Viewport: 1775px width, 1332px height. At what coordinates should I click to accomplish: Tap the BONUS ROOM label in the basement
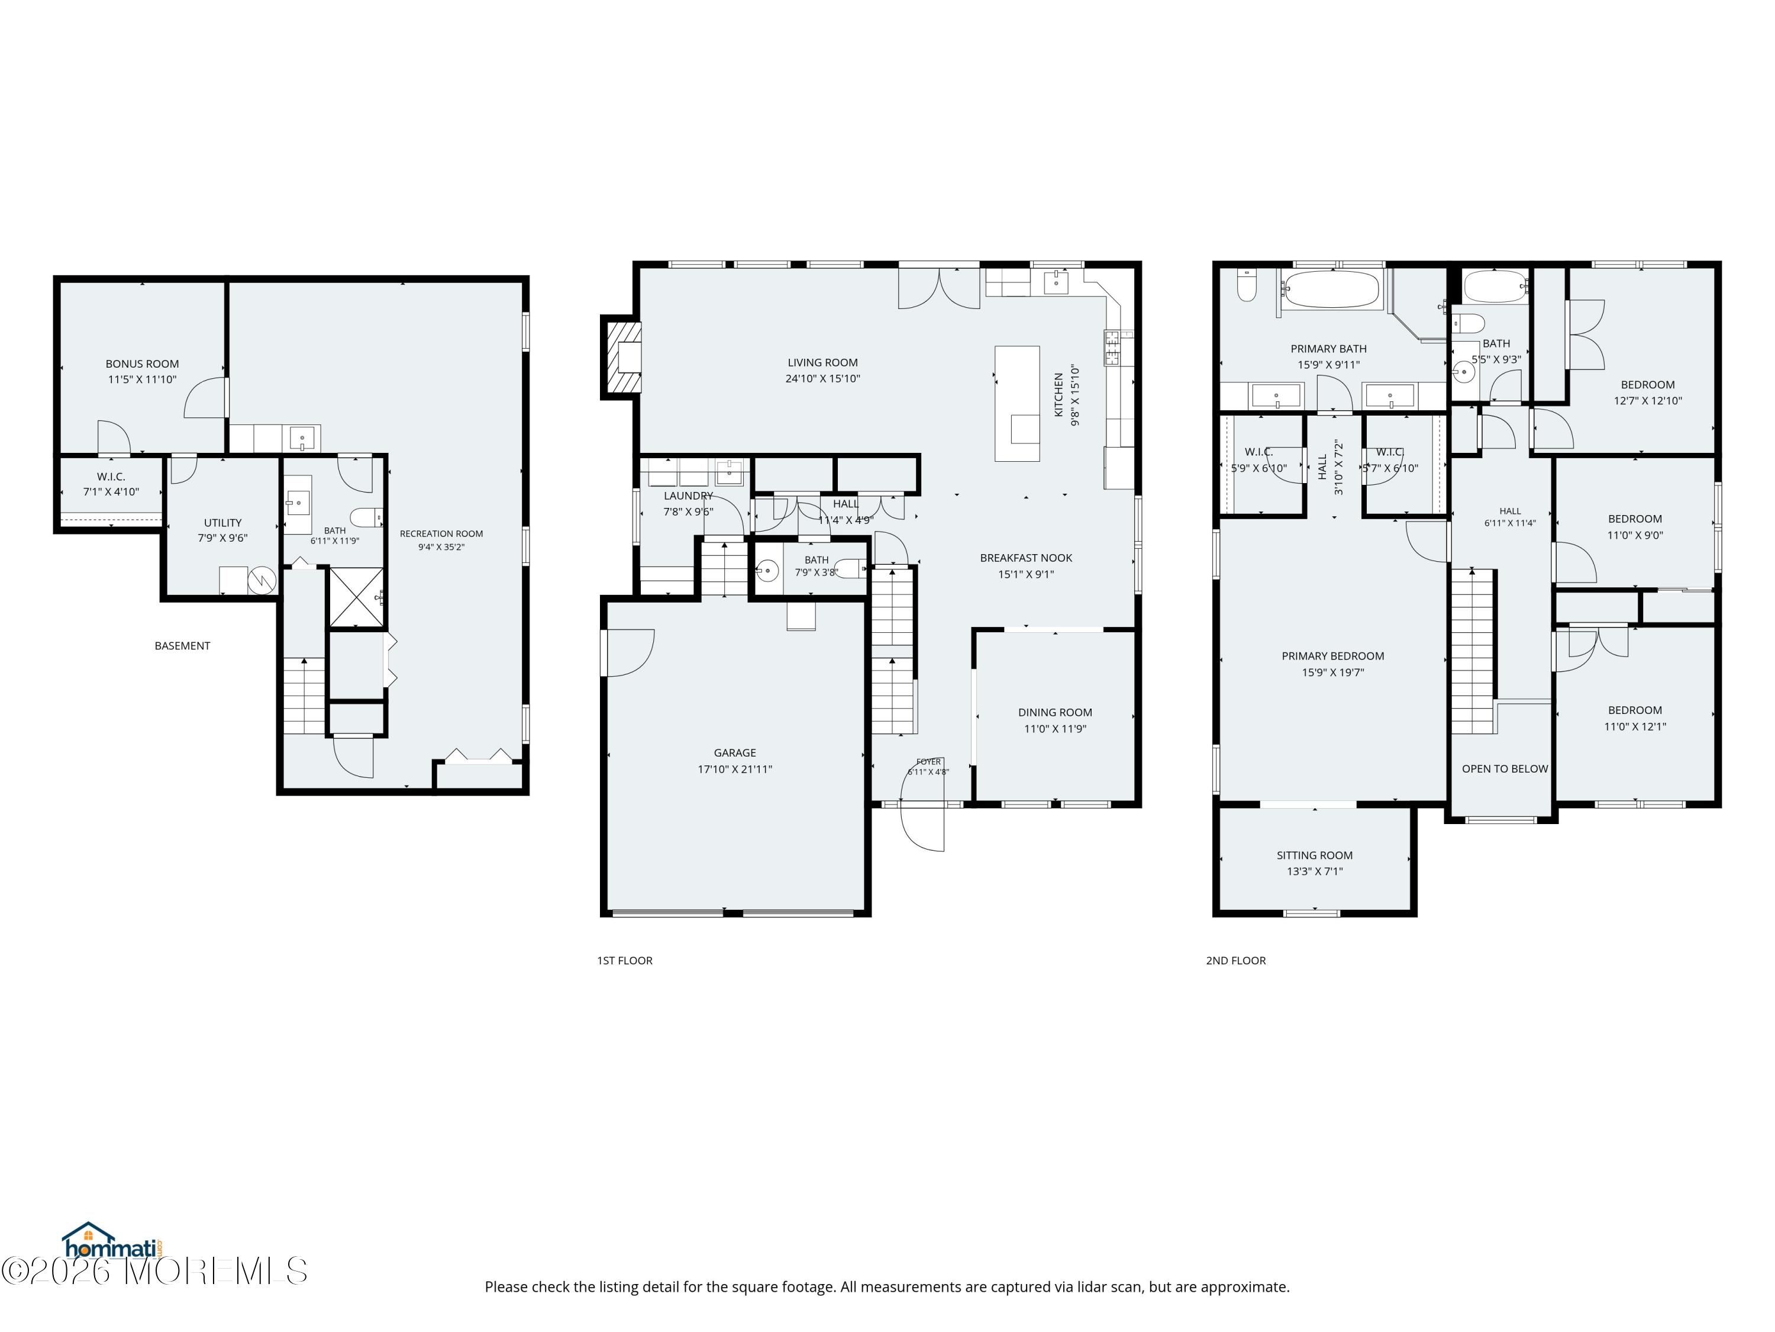tap(142, 363)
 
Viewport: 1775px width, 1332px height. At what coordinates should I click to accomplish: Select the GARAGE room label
tap(735, 752)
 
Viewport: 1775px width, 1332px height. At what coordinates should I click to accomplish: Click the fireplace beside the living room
tap(622, 358)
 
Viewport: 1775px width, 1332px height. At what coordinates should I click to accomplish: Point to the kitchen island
tap(1016, 403)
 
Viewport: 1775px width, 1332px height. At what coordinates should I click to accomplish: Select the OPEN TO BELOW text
tap(1505, 768)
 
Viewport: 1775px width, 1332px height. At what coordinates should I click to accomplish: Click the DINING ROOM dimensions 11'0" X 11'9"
tap(1055, 729)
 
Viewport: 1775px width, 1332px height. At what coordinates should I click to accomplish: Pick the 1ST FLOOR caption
tap(624, 960)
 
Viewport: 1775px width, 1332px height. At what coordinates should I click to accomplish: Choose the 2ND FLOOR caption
tap(1236, 960)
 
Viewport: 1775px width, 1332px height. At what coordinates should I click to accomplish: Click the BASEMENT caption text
tap(182, 645)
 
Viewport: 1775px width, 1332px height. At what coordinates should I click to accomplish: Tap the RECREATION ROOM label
tap(441, 533)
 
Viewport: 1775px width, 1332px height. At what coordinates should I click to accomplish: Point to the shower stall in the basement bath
tap(356, 597)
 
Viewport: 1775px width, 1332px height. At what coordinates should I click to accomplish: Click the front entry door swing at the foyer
tap(923, 828)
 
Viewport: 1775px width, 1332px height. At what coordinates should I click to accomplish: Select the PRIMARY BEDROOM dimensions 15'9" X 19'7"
tap(1333, 673)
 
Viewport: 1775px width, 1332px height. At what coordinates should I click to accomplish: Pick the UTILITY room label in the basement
tap(222, 523)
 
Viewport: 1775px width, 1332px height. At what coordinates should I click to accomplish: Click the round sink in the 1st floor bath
tap(767, 571)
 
